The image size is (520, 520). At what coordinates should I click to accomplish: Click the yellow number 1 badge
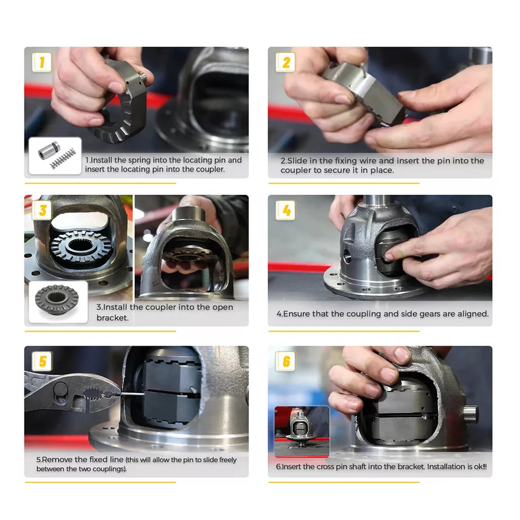pos(42,62)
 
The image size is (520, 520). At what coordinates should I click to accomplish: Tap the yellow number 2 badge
pos(285,62)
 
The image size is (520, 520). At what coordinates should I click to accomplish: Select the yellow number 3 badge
pos(42,210)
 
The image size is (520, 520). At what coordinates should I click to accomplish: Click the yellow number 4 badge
pos(286,210)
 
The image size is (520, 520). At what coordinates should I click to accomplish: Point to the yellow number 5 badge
pos(42,361)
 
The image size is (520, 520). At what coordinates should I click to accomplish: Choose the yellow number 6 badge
pos(286,361)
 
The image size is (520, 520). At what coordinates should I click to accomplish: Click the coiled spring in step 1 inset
pos(64,158)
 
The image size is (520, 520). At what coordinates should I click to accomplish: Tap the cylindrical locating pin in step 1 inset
pos(48,150)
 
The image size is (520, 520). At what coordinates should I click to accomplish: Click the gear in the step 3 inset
pos(57,299)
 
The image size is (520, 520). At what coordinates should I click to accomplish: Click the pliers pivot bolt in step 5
pos(60,389)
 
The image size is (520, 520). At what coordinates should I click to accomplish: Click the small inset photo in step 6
pos(302,431)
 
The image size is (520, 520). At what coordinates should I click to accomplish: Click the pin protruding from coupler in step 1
pos(142,77)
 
